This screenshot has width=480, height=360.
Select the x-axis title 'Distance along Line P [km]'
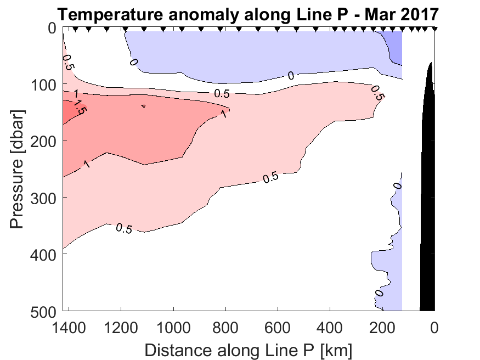[248, 350]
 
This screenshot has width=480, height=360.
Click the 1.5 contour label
[80, 107]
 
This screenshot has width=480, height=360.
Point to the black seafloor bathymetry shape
[428, 220]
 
